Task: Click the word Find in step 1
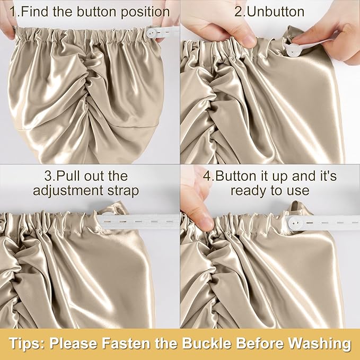tap(35, 12)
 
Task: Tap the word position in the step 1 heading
tap(146, 12)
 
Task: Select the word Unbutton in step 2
tap(276, 12)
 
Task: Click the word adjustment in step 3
tap(68, 191)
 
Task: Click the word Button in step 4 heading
tap(238, 176)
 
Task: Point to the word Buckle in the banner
tap(207, 344)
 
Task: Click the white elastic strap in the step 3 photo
tap(138, 221)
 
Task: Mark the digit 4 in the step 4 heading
tap(207, 176)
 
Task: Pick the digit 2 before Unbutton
tap(239, 12)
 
